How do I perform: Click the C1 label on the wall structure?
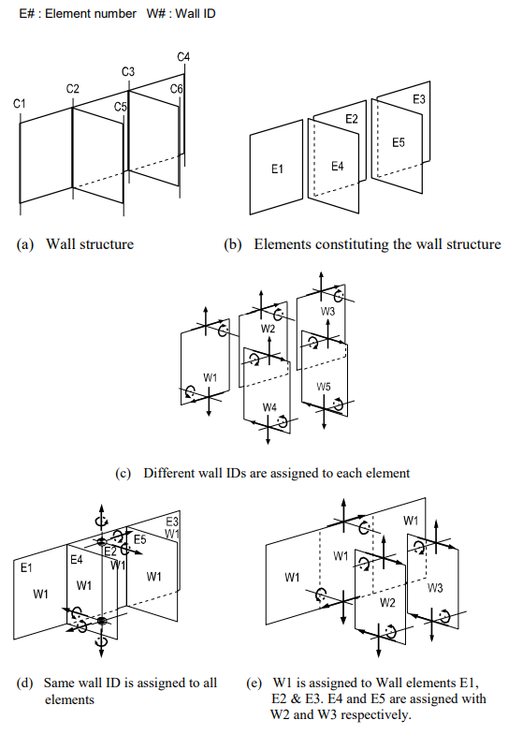point(20,102)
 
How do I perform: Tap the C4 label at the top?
point(183,58)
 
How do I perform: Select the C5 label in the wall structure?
point(121,108)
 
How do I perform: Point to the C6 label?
point(177,88)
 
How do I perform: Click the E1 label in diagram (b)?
point(277,169)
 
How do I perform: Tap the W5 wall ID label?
point(324,386)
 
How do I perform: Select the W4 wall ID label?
point(269,407)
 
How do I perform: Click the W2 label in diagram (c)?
point(268,329)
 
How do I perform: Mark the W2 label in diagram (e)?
point(387,603)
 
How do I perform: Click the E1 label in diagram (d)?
point(27,566)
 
